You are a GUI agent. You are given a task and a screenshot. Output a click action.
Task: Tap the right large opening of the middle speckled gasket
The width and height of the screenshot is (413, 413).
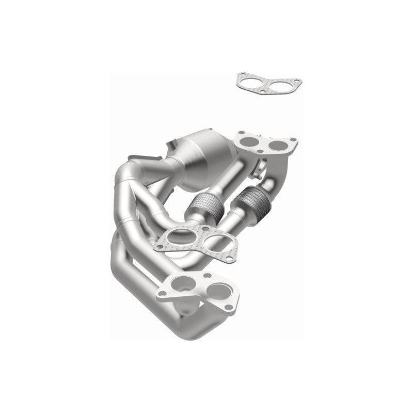click(217, 241)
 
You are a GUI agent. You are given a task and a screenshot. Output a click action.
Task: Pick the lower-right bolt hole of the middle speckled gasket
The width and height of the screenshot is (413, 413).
click(230, 256)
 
